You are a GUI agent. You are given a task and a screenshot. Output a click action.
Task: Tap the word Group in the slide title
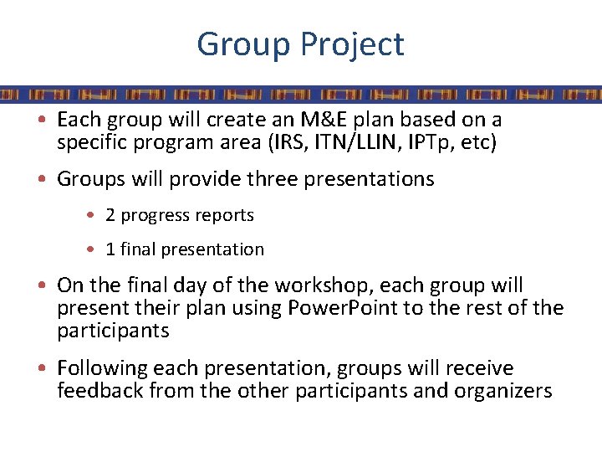(239, 44)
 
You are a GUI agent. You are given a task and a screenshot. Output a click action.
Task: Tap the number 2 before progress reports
(110, 215)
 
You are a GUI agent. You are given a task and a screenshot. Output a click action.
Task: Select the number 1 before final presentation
(110, 249)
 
